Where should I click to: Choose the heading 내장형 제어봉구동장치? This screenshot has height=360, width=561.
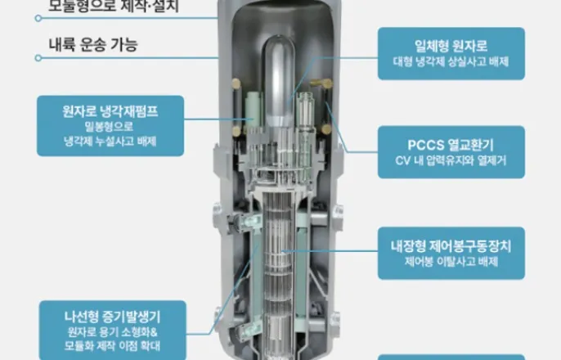point(451,245)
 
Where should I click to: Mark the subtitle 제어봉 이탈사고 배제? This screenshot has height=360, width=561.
point(451,261)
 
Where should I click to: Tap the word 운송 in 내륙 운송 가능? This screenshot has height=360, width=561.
point(91,45)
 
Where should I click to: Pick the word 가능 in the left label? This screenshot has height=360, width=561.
point(123,45)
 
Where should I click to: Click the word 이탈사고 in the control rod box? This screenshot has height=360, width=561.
point(450,261)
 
